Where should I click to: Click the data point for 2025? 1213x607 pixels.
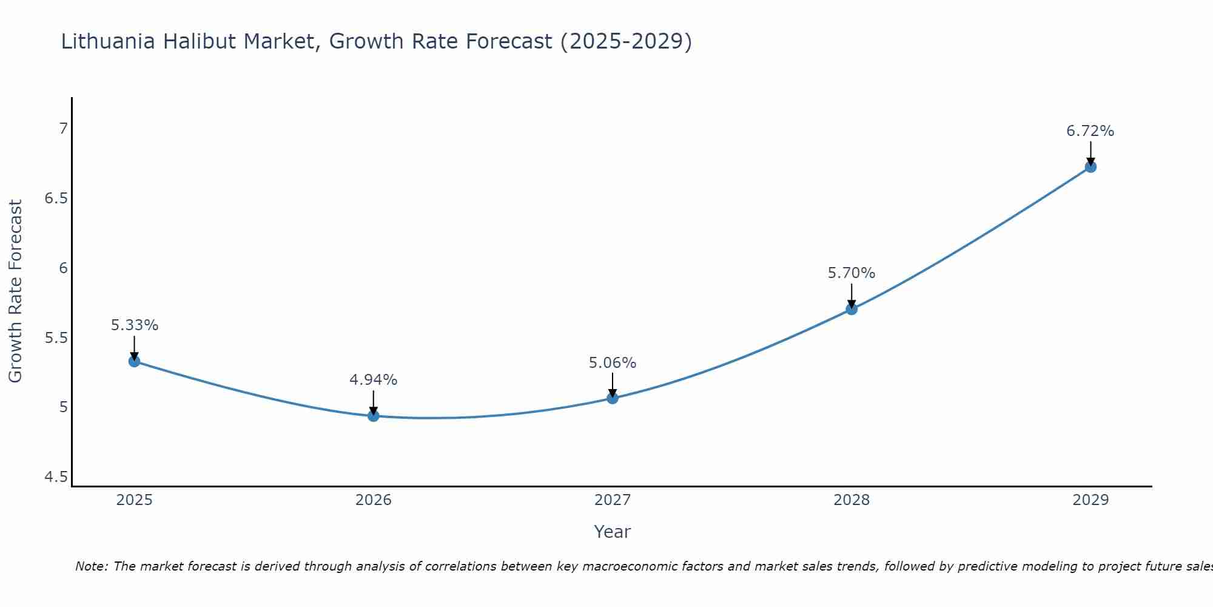(135, 361)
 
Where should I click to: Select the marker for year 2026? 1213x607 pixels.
(374, 416)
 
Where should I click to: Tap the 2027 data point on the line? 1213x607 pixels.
(613, 398)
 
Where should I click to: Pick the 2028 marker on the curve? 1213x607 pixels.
(852, 309)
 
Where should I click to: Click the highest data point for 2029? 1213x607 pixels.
(1090, 167)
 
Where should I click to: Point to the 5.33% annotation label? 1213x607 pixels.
(135, 325)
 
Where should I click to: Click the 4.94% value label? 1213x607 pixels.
(374, 380)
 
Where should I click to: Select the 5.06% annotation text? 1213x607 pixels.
(613, 363)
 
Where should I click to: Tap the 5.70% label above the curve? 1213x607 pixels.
(852, 273)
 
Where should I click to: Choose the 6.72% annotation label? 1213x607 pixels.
(1090, 131)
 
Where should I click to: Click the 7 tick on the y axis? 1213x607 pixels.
(63, 129)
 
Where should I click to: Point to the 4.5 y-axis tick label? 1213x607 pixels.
(56, 477)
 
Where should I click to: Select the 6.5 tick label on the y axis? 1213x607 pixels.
(56, 198)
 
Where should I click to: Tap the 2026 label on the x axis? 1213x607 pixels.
(374, 500)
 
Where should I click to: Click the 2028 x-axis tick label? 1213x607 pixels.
(852, 500)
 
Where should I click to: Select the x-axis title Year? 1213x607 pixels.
(613, 532)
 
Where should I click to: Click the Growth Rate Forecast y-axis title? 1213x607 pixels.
(15, 291)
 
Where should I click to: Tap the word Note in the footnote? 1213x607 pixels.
(91, 566)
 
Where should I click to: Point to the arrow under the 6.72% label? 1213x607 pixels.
(1090, 153)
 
